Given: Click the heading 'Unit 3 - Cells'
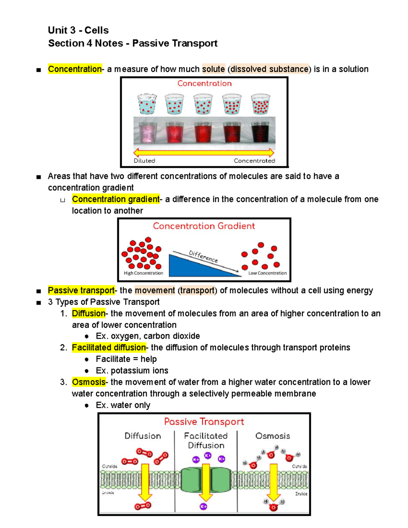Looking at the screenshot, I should [x=78, y=30].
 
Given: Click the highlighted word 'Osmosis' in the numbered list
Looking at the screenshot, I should [x=88, y=382].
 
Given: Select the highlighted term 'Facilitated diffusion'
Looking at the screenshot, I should [x=109, y=347].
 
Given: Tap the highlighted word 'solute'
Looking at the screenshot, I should [x=213, y=69].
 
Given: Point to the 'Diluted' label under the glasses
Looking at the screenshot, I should [x=144, y=161].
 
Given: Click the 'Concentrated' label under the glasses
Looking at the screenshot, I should [x=254, y=161].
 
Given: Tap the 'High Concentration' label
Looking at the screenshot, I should [x=143, y=273].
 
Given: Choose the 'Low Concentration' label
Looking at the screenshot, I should [x=267, y=273].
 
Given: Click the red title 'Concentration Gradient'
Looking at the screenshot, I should [x=204, y=226].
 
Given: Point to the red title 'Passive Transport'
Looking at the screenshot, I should [x=204, y=422].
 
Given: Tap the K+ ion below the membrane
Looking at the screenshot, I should [x=203, y=507].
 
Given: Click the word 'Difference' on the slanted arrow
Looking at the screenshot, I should [x=203, y=256].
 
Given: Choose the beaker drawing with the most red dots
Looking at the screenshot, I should [x=260, y=104].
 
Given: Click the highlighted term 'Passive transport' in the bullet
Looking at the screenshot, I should [x=81, y=290].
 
